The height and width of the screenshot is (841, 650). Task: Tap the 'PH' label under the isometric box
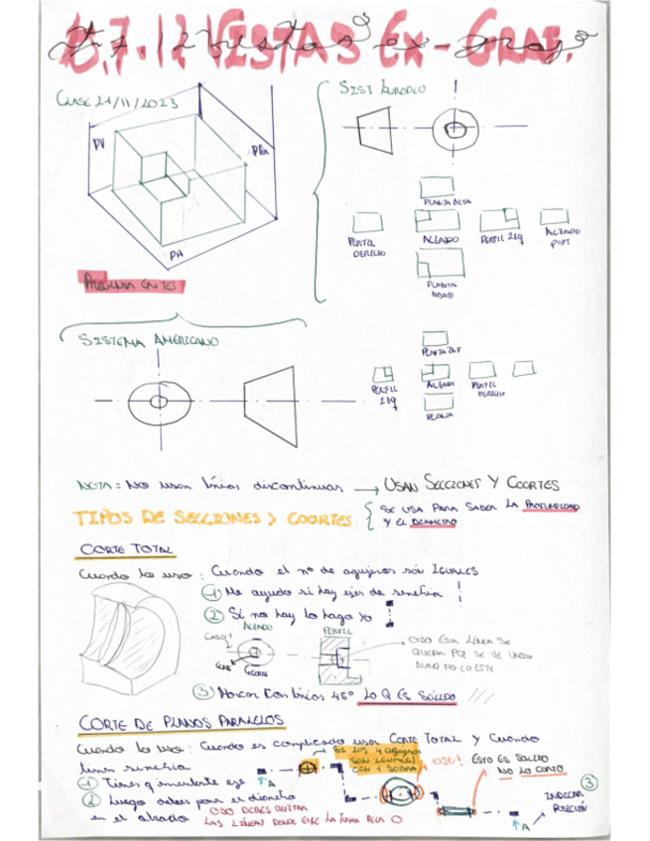pyautogui.click(x=176, y=256)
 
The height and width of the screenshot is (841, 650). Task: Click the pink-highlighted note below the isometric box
pyautogui.click(x=128, y=281)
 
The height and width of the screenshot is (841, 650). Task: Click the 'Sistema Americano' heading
pyautogui.click(x=148, y=339)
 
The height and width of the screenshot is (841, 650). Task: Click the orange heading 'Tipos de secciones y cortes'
pyautogui.click(x=212, y=519)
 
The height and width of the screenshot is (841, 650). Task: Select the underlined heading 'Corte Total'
pyautogui.click(x=125, y=550)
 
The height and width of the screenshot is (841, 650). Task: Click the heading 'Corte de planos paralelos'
pyautogui.click(x=181, y=721)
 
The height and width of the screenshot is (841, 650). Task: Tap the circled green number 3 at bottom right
pyautogui.click(x=591, y=782)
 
